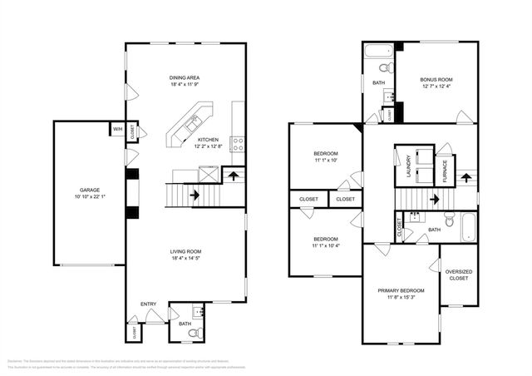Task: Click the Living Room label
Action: pyautogui.click(x=185, y=251)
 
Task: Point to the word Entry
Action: pyautogui.click(x=148, y=304)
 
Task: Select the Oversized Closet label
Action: pyautogui.click(x=459, y=275)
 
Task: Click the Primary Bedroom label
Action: pyautogui.click(x=401, y=290)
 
